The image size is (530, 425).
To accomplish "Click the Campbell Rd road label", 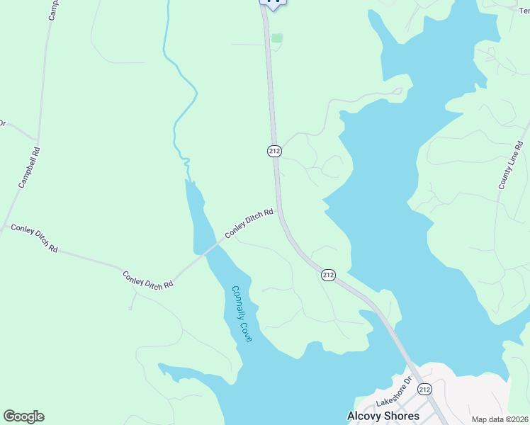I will (x=30, y=167).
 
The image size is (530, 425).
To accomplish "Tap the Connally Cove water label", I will (x=242, y=314).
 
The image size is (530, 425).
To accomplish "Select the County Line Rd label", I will (x=512, y=166).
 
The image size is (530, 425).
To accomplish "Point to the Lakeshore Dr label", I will (x=393, y=392).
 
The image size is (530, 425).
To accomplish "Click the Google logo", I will (x=23, y=416).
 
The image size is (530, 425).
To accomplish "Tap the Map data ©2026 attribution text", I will (x=500, y=419).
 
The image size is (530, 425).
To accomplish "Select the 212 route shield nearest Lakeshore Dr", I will (x=424, y=390).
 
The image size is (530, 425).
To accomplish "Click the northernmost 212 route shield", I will (x=275, y=150).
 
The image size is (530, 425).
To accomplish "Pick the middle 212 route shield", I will (x=328, y=274).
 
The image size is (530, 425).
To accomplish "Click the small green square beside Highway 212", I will (x=277, y=38).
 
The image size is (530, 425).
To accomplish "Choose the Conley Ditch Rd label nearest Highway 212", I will (x=249, y=223).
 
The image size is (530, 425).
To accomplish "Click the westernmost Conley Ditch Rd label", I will (x=35, y=238).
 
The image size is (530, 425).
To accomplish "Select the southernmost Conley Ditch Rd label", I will (x=148, y=280).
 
